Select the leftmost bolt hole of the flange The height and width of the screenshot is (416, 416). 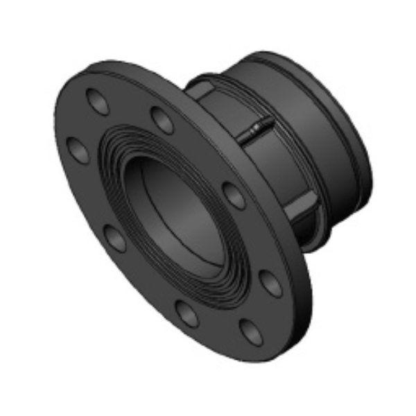74,148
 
